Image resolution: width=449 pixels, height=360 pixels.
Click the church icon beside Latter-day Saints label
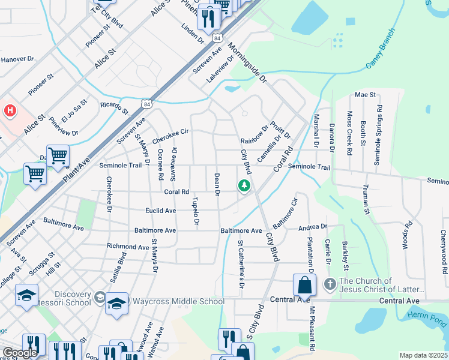(x=330, y=283)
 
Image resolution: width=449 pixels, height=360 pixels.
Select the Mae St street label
(x=365, y=95)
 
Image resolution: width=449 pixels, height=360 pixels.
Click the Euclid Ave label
(x=161, y=211)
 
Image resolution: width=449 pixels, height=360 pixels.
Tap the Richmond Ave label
(x=128, y=247)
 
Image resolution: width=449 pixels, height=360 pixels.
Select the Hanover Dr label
(x=18, y=59)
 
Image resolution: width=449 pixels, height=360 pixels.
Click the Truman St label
(x=366, y=202)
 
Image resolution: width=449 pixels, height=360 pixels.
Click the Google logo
(x=20, y=353)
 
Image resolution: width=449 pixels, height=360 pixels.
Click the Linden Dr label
(x=193, y=34)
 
